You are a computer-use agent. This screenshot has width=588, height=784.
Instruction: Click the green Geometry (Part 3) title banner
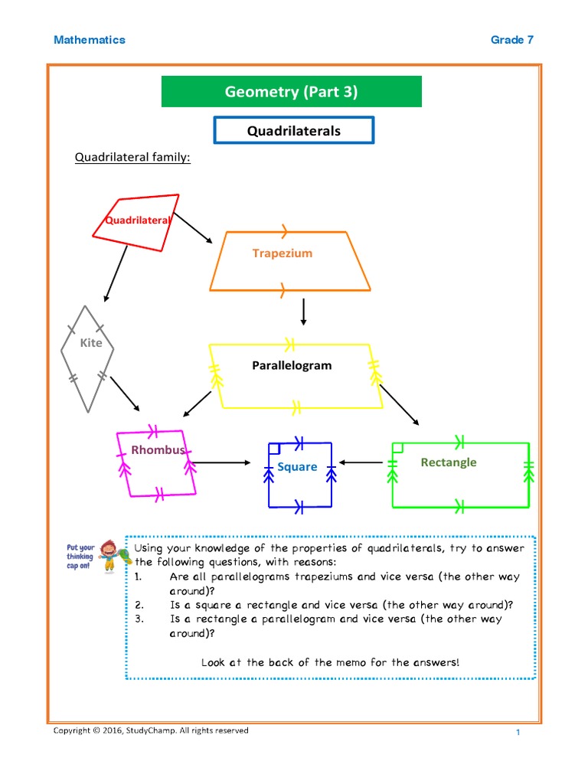coord(291,92)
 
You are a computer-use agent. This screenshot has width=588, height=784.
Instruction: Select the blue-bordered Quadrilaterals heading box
coord(294,131)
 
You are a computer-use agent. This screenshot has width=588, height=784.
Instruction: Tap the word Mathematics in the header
coord(90,40)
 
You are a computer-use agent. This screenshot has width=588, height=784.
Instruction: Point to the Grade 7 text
coord(512,40)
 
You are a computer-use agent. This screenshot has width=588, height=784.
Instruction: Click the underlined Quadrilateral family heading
coord(132,158)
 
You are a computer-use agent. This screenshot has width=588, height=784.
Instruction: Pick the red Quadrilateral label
coord(138,220)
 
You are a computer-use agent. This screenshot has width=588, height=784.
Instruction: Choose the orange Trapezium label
coord(283,253)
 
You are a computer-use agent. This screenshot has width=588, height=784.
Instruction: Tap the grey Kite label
coord(90,343)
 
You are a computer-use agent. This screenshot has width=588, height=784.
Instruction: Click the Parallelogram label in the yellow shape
coord(292,365)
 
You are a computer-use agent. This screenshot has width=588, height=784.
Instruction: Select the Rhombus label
coord(158,450)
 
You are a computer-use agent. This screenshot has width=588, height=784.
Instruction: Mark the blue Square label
coord(297,467)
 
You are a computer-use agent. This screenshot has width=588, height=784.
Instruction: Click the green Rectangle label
coord(448,462)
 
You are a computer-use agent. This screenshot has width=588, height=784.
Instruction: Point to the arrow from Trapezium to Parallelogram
coord(304,312)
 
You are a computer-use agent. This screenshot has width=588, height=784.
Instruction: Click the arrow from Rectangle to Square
coord(362,462)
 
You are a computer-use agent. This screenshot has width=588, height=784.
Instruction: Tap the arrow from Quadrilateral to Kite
coord(116,273)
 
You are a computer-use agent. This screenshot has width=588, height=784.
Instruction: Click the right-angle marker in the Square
coord(275,449)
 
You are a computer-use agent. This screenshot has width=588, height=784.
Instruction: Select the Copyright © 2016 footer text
coord(150,730)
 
